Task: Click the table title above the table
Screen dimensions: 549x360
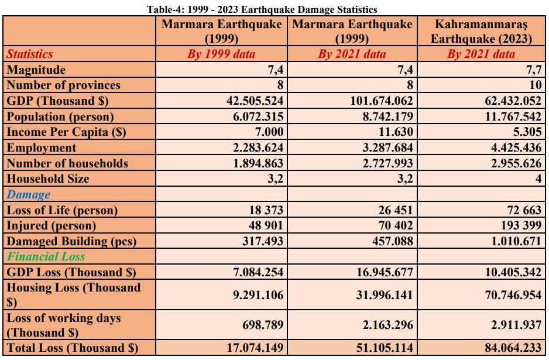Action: (262, 9)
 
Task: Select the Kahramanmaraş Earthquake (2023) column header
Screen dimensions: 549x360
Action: (481, 31)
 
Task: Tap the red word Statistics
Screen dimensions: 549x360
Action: (30, 54)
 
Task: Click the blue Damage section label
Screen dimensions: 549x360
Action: (28, 194)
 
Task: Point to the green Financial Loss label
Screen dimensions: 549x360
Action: (46, 257)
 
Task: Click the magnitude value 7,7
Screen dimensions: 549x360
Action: (534, 70)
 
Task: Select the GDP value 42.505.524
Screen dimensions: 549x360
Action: (255, 101)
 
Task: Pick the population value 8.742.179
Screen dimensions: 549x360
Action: (387, 116)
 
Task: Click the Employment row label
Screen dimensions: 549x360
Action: (42, 148)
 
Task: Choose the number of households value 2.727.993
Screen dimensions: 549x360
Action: (387, 163)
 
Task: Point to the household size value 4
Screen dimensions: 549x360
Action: (538, 179)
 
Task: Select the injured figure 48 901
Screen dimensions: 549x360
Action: (266, 225)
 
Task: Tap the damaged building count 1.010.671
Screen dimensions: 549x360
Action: (516, 241)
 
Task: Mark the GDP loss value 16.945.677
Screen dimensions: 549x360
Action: (385, 272)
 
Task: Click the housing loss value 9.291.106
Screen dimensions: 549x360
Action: (258, 295)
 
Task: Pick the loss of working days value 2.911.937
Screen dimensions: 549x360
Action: (516, 325)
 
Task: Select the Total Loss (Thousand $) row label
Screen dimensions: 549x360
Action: (73, 348)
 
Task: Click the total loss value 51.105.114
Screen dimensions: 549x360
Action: (385, 348)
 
